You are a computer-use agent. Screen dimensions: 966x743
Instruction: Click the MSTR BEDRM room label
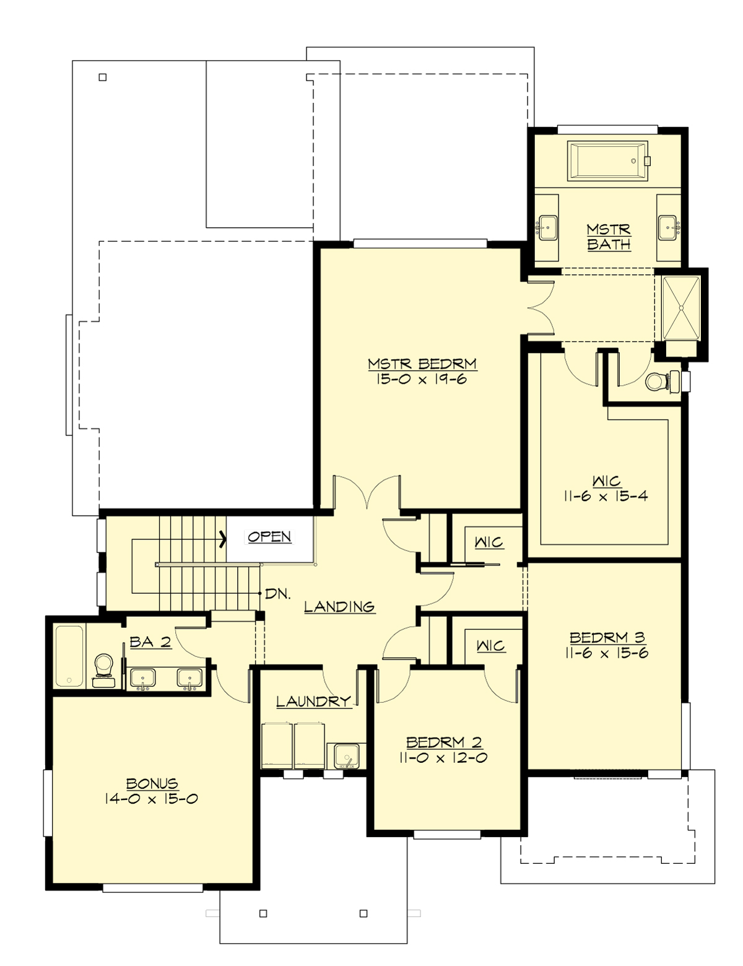pyautogui.click(x=422, y=363)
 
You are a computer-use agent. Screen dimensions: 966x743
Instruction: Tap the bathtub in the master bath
pyautogui.click(x=607, y=162)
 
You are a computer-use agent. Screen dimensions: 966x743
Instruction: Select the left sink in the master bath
pyautogui.click(x=547, y=227)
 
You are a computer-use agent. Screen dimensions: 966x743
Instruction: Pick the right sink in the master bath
pyautogui.click(x=669, y=227)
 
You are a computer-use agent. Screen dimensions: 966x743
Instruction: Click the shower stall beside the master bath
pyautogui.click(x=681, y=308)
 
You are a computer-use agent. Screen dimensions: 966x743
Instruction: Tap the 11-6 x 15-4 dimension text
pyautogui.click(x=606, y=496)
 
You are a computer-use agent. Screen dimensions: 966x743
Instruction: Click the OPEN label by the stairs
pyautogui.click(x=269, y=537)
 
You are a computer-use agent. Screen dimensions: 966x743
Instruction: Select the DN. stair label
pyautogui.click(x=278, y=594)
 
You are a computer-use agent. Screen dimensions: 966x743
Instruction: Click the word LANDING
pyautogui.click(x=339, y=606)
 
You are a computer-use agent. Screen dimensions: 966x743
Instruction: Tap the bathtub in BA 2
pyautogui.click(x=69, y=656)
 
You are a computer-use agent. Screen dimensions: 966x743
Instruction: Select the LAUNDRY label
pyautogui.click(x=313, y=702)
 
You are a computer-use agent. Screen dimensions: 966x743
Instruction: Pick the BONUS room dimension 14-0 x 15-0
pyautogui.click(x=152, y=799)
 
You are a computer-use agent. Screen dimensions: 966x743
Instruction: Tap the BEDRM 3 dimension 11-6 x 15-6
pyautogui.click(x=607, y=653)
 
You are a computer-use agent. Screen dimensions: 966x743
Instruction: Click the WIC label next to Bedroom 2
pyautogui.click(x=490, y=646)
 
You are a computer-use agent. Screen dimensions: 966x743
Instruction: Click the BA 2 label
pyautogui.click(x=150, y=642)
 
